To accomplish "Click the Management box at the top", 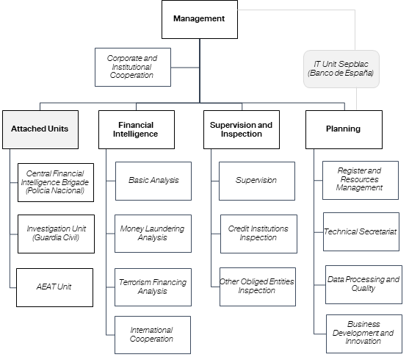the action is [200, 19].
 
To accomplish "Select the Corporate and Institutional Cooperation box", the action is [133, 67].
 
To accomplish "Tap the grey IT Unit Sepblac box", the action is [341, 69].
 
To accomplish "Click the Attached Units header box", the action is [40, 129].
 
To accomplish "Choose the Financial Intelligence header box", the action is [137, 129].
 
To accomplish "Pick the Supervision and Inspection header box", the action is [242, 129].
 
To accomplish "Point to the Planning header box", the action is [344, 129].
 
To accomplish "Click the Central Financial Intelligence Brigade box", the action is [56, 182].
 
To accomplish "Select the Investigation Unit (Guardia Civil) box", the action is [56, 234].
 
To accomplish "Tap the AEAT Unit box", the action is [55, 287].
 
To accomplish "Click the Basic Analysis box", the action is [153, 181].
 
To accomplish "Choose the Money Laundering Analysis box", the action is [153, 234].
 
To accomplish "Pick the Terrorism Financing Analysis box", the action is [153, 287].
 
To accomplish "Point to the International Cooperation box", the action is [153, 335].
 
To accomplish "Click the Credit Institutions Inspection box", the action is [258, 234].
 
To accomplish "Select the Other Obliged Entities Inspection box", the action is [258, 287].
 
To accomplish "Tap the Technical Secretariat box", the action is [361, 232].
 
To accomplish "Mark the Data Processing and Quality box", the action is [363, 284].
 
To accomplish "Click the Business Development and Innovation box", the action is [364, 334].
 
